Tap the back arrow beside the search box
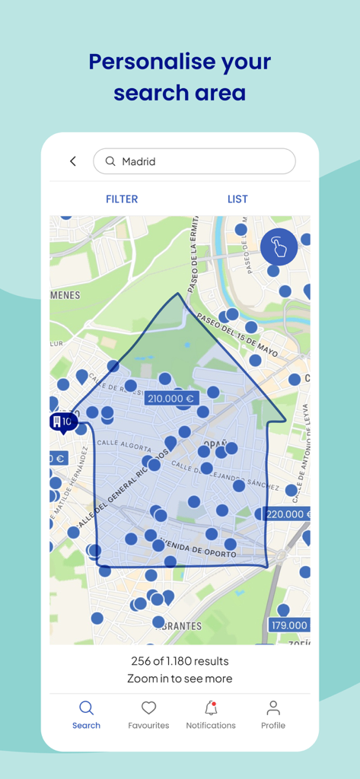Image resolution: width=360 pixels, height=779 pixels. pos(73,161)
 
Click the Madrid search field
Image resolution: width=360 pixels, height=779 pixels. pos(194,161)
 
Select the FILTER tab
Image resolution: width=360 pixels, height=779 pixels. pos(122,199)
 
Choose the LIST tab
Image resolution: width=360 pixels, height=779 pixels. pos(237,199)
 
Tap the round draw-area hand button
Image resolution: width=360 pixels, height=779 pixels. pos(279,246)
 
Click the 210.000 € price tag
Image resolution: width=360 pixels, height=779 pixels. pos(170,398)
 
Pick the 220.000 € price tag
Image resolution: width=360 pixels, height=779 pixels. pos(288,514)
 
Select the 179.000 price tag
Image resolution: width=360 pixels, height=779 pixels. pos(288,625)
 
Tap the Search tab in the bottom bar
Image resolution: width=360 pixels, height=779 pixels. pos(86,714)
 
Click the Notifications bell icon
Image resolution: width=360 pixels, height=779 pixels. pos(211,709)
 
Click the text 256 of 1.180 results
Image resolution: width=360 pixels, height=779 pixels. pos(180,661)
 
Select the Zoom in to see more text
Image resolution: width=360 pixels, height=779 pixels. pos(180,679)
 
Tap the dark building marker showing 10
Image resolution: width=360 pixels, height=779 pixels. pos(62,421)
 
